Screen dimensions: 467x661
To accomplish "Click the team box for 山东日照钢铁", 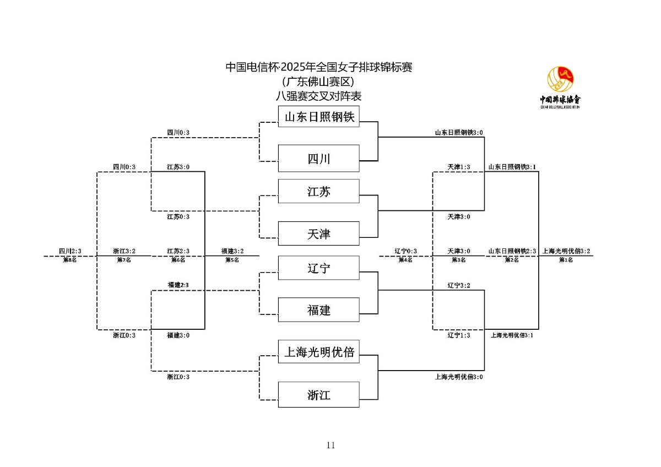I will point(318,117).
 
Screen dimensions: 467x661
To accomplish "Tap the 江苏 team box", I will point(318,192).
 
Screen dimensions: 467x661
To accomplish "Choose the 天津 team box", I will point(318,234).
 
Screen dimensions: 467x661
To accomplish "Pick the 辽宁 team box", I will point(318,268).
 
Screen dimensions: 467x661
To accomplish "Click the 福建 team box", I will point(318,310).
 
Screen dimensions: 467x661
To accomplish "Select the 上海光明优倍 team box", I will point(318,352).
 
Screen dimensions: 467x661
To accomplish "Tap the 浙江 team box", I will point(318,395).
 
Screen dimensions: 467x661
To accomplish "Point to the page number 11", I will point(330,445).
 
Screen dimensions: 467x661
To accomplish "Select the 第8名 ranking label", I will point(70,259).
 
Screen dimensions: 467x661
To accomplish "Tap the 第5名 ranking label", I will point(232,259).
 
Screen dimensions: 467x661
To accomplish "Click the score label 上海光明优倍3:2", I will point(566,251).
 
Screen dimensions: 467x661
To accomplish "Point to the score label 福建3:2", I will point(232,251).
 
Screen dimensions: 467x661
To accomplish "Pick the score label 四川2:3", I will point(70,251).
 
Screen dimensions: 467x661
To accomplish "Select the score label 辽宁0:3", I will point(405,251).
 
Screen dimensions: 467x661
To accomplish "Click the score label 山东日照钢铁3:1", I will point(512,166).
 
